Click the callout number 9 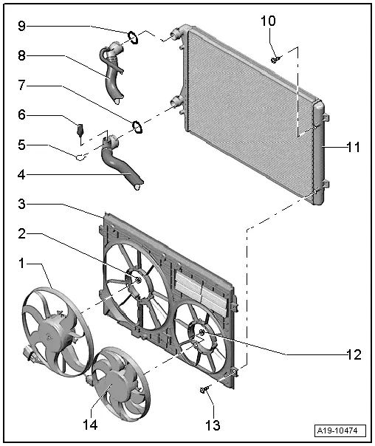point(21,26)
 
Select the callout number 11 point(354,147)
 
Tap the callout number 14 point(90,425)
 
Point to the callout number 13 point(213,425)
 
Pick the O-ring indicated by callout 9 point(133,38)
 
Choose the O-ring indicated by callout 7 point(137,126)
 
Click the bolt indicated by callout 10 point(275,60)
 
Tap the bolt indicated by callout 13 point(204,390)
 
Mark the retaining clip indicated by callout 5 point(80,157)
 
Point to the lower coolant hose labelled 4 point(120,164)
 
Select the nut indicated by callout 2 point(139,280)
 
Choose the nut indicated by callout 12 point(202,332)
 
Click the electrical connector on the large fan point(30,354)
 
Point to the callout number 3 point(21,204)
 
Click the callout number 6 point(21,114)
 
